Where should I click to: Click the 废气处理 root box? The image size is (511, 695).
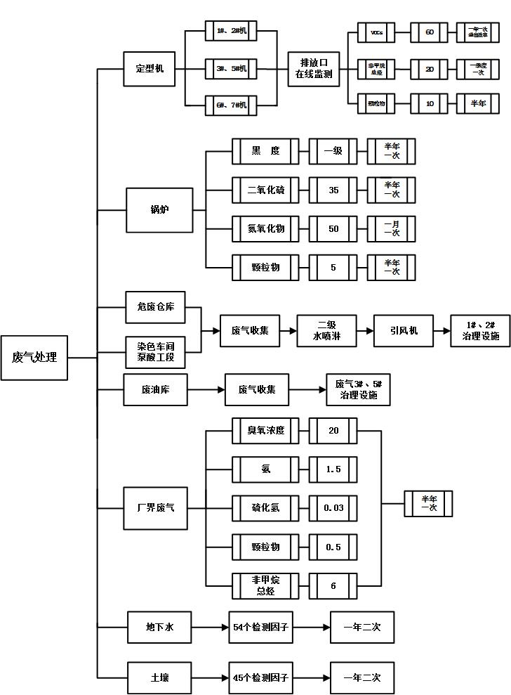point(35,358)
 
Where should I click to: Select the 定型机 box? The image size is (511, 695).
point(149,69)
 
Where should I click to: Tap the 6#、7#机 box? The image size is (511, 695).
point(230,105)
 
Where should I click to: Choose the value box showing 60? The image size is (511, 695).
point(429,32)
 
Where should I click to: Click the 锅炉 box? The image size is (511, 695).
point(160,209)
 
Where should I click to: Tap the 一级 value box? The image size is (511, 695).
point(333,151)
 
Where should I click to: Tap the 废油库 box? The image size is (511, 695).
point(155,389)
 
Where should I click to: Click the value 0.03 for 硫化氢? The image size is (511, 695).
point(333,507)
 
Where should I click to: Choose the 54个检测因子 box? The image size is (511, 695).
point(260,627)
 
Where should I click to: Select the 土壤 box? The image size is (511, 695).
point(159,678)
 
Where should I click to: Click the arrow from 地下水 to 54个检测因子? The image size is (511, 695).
point(210,627)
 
